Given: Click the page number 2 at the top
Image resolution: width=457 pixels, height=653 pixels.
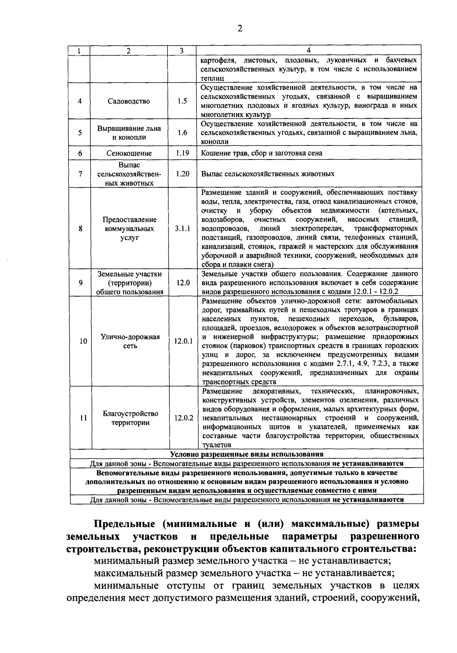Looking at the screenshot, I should [x=240, y=29].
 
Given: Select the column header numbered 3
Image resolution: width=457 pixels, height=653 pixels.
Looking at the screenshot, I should [x=182, y=51].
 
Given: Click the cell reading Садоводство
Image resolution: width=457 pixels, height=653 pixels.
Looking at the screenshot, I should [x=129, y=101].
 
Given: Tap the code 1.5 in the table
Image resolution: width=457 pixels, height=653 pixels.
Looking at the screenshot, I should [x=182, y=101].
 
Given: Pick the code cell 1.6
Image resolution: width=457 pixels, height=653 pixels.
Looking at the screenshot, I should [x=182, y=133].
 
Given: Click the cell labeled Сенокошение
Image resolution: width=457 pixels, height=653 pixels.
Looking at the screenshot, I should [x=129, y=153].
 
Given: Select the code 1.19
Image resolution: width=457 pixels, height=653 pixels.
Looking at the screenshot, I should [x=182, y=153].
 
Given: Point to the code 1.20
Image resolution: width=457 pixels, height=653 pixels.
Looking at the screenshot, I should [x=182, y=174].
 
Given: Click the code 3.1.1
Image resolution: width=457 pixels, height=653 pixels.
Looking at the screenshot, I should [x=182, y=228].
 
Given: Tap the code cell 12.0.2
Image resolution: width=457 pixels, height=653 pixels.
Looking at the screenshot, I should [x=184, y=418].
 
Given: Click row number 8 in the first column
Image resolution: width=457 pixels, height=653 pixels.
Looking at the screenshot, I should [x=80, y=228].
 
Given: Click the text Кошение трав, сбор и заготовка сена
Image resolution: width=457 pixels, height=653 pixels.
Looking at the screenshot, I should [x=262, y=153].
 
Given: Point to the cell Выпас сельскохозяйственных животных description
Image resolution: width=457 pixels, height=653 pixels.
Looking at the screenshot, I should [x=268, y=174].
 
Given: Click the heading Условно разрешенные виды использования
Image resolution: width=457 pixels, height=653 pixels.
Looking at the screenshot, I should [x=246, y=454].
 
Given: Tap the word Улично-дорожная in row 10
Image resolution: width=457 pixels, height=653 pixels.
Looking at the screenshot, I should [x=130, y=337].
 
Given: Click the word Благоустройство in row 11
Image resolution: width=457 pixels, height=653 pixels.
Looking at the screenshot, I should [x=130, y=414].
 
